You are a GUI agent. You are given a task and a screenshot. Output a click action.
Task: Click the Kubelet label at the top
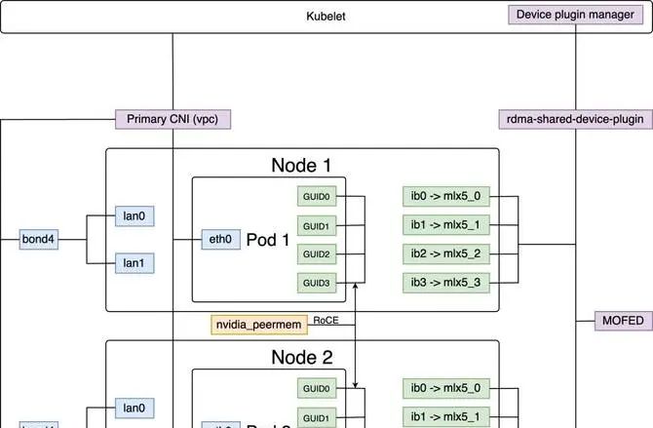pyautogui.click(x=326, y=17)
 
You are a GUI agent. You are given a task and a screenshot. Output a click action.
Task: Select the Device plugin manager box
pyautogui.click(x=576, y=15)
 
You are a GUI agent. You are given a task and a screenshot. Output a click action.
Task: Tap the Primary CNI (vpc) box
pyautogui.click(x=173, y=119)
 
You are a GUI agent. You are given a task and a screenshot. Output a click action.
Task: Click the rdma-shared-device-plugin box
pyautogui.click(x=575, y=119)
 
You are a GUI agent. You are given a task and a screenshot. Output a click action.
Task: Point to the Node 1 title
pyautogui.click(x=301, y=165)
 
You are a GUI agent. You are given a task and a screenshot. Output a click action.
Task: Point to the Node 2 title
pyautogui.click(x=301, y=357)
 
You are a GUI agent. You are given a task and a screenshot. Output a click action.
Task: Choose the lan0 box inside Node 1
pyautogui.click(x=134, y=215)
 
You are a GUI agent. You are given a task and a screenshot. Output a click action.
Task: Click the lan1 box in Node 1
pyautogui.click(x=134, y=262)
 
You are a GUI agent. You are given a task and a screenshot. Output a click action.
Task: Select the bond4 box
pyautogui.click(x=39, y=239)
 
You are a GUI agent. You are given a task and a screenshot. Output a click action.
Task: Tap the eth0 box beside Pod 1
pyautogui.click(x=220, y=239)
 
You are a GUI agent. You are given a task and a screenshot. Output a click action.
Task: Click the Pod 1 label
pyautogui.click(x=268, y=240)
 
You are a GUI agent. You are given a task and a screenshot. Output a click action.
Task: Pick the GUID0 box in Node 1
pyautogui.click(x=316, y=197)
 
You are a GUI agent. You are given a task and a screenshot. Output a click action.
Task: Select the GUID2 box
pyautogui.click(x=316, y=254)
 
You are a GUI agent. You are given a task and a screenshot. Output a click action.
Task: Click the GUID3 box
pyautogui.click(x=316, y=283)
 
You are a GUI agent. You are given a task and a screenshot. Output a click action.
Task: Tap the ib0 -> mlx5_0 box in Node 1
pyautogui.click(x=446, y=197)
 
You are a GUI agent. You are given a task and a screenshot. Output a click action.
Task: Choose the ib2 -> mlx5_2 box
pyautogui.click(x=446, y=254)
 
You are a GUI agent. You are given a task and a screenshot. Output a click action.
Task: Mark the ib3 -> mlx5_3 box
pyautogui.click(x=446, y=283)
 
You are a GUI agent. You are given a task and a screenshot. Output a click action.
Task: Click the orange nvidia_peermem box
pyautogui.click(x=259, y=324)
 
